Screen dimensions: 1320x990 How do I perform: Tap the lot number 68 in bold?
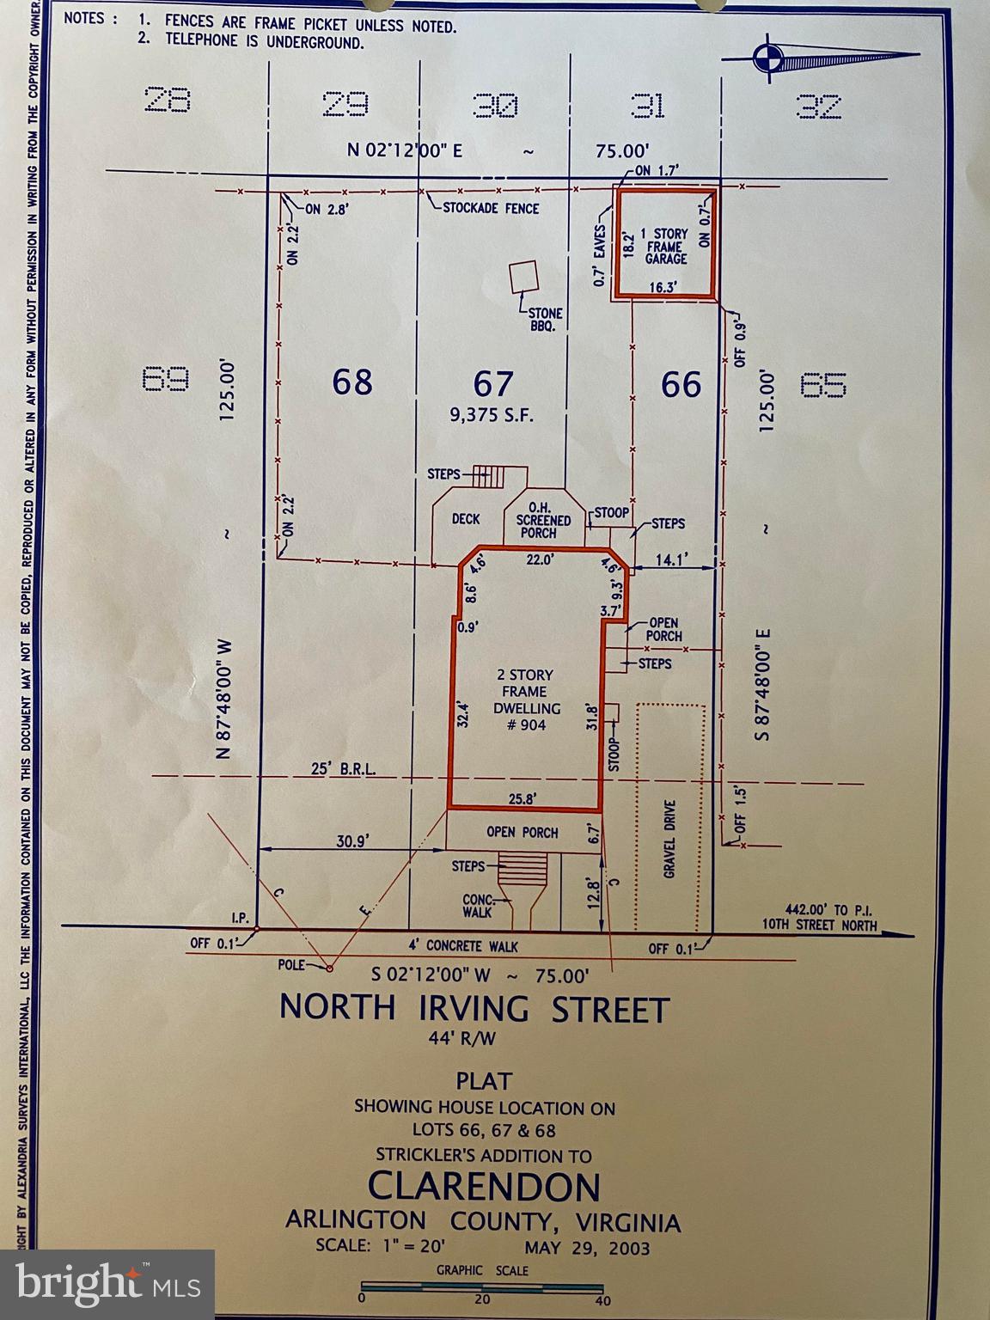click(x=352, y=381)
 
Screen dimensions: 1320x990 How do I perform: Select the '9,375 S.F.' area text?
click(x=492, y=415)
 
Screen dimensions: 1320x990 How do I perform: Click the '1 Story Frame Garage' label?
click(x=666, y=246)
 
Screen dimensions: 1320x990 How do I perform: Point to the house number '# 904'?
click(x=526, y=724)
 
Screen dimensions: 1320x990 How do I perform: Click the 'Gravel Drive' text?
click(x=671, y=839)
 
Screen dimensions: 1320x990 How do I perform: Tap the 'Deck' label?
click(x=465, y=519)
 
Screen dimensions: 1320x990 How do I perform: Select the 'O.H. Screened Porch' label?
click(x=542, y=520)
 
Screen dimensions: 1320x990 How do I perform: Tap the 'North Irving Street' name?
click(x=474, y=1008)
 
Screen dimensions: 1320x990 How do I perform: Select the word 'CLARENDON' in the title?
click(x=483, y=1187)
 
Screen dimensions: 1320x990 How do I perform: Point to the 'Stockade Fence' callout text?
click(x=491, y=208)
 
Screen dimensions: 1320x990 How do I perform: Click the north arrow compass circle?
click(x=766, y=59)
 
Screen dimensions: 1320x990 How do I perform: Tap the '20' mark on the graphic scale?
click(x=482, y=1300)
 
